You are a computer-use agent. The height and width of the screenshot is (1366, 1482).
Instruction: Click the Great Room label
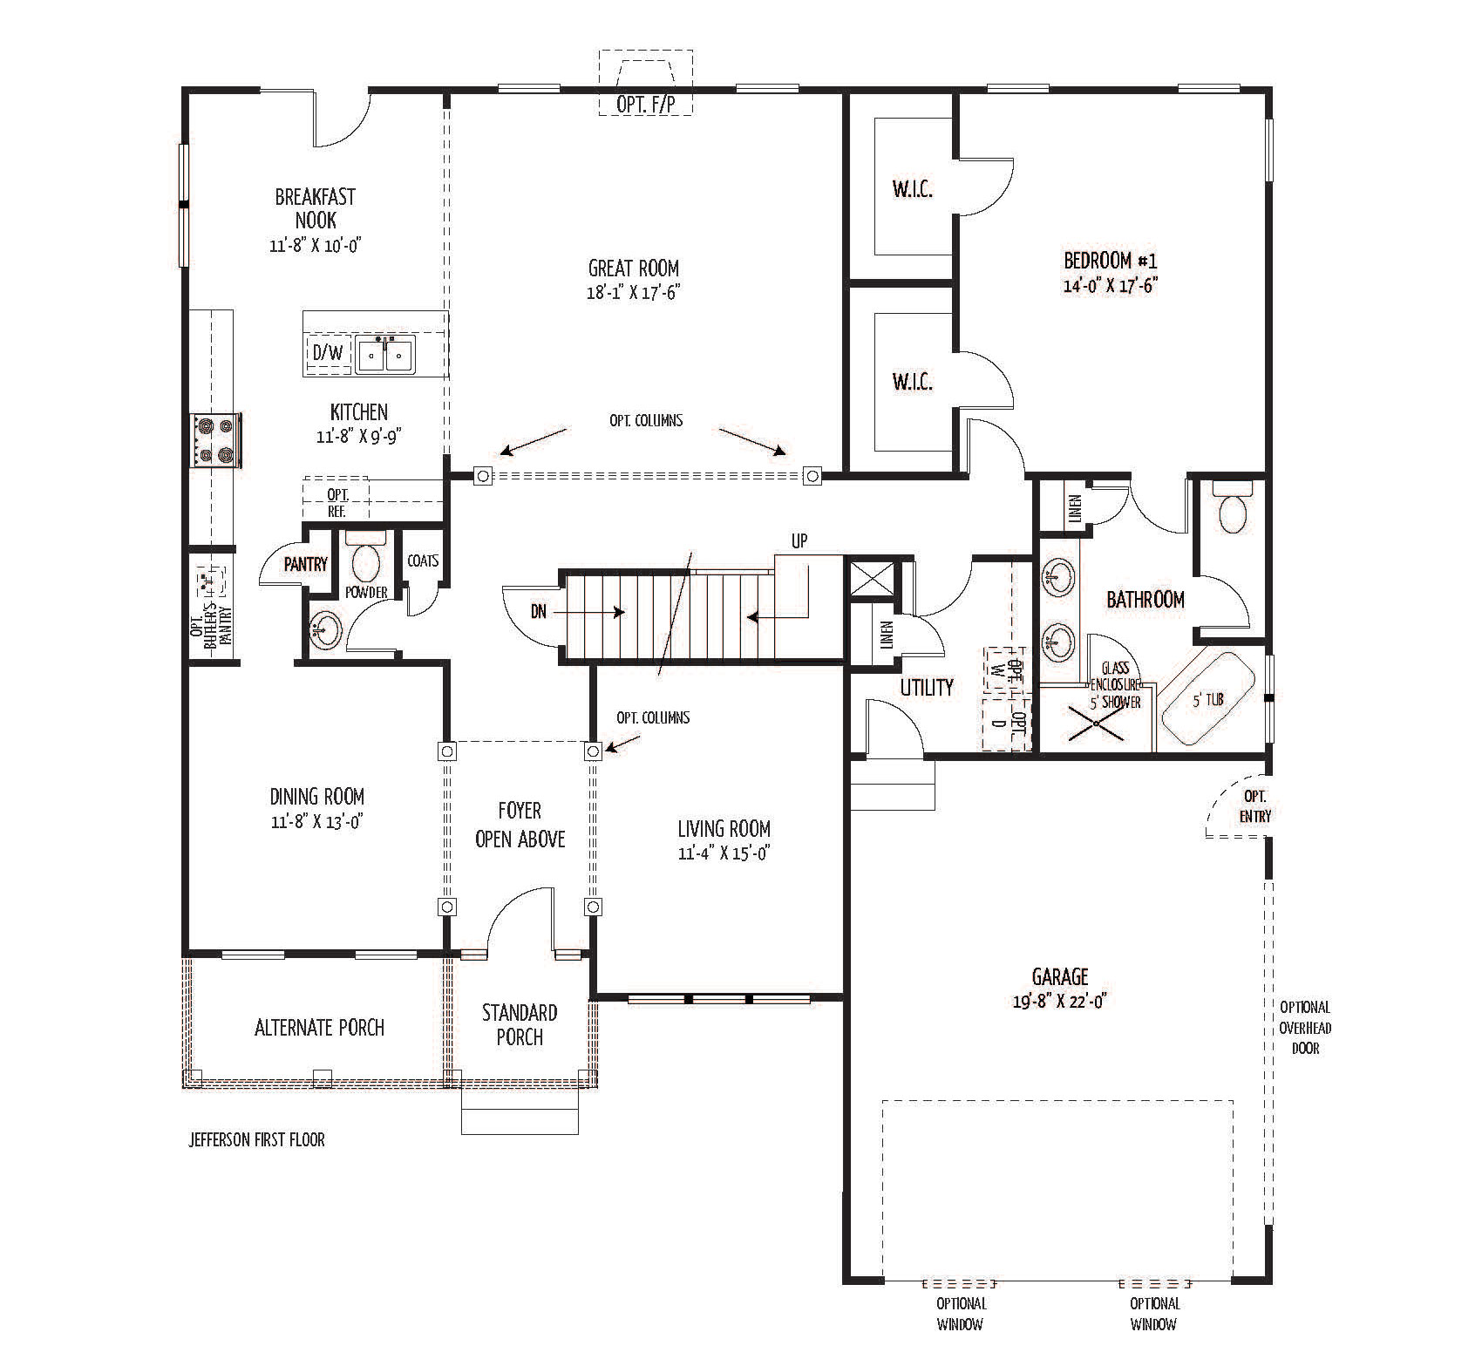pyautogui.click(x=633, y=268)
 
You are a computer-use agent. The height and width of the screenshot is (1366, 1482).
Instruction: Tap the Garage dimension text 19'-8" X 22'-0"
pyautogui.click(x=1060, y=1002)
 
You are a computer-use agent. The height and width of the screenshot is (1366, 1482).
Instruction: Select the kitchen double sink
pyautogui.click(x=384, y=355)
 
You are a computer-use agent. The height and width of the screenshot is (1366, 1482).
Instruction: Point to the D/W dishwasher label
pyautogui.click(x=327, y=353)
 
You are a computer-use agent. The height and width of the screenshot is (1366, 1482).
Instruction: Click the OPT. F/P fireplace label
pyautogui.click(x=645, y=104)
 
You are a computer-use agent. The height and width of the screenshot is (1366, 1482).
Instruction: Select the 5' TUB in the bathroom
pyautogui.click(x=1207, y=700)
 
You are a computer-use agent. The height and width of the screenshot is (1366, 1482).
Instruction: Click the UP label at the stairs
pyautogui.click(x=799, y=541)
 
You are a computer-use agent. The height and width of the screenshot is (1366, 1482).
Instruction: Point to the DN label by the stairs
pyautogui.click(x=539, y=612)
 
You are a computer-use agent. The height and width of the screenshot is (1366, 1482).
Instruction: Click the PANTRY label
pyautogui.click(x=305, y=564)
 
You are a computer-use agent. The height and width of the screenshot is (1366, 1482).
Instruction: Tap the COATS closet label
pyautogui.click(x=423, y=561)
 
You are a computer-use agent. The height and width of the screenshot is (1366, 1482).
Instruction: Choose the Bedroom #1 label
pyautogui.click(x=1110, y=260)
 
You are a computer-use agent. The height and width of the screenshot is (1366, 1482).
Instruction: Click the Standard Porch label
pyautogui.click(x=520, y=1024)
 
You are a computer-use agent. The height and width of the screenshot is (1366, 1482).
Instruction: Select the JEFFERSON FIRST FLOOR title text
pyautogui.click(x=256, y=1139)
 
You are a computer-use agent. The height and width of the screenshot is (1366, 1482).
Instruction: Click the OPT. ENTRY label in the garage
pyautogui.click(x=1255, y=806)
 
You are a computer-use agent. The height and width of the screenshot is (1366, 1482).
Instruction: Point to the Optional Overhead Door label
pyautogui.click(x=1305, y=1027)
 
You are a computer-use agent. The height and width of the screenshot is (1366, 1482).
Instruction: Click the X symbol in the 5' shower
pyautogui.click(x=1095, y=721)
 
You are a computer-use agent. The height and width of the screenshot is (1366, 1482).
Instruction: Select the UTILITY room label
pyautogui.click(x=926, y=688)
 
